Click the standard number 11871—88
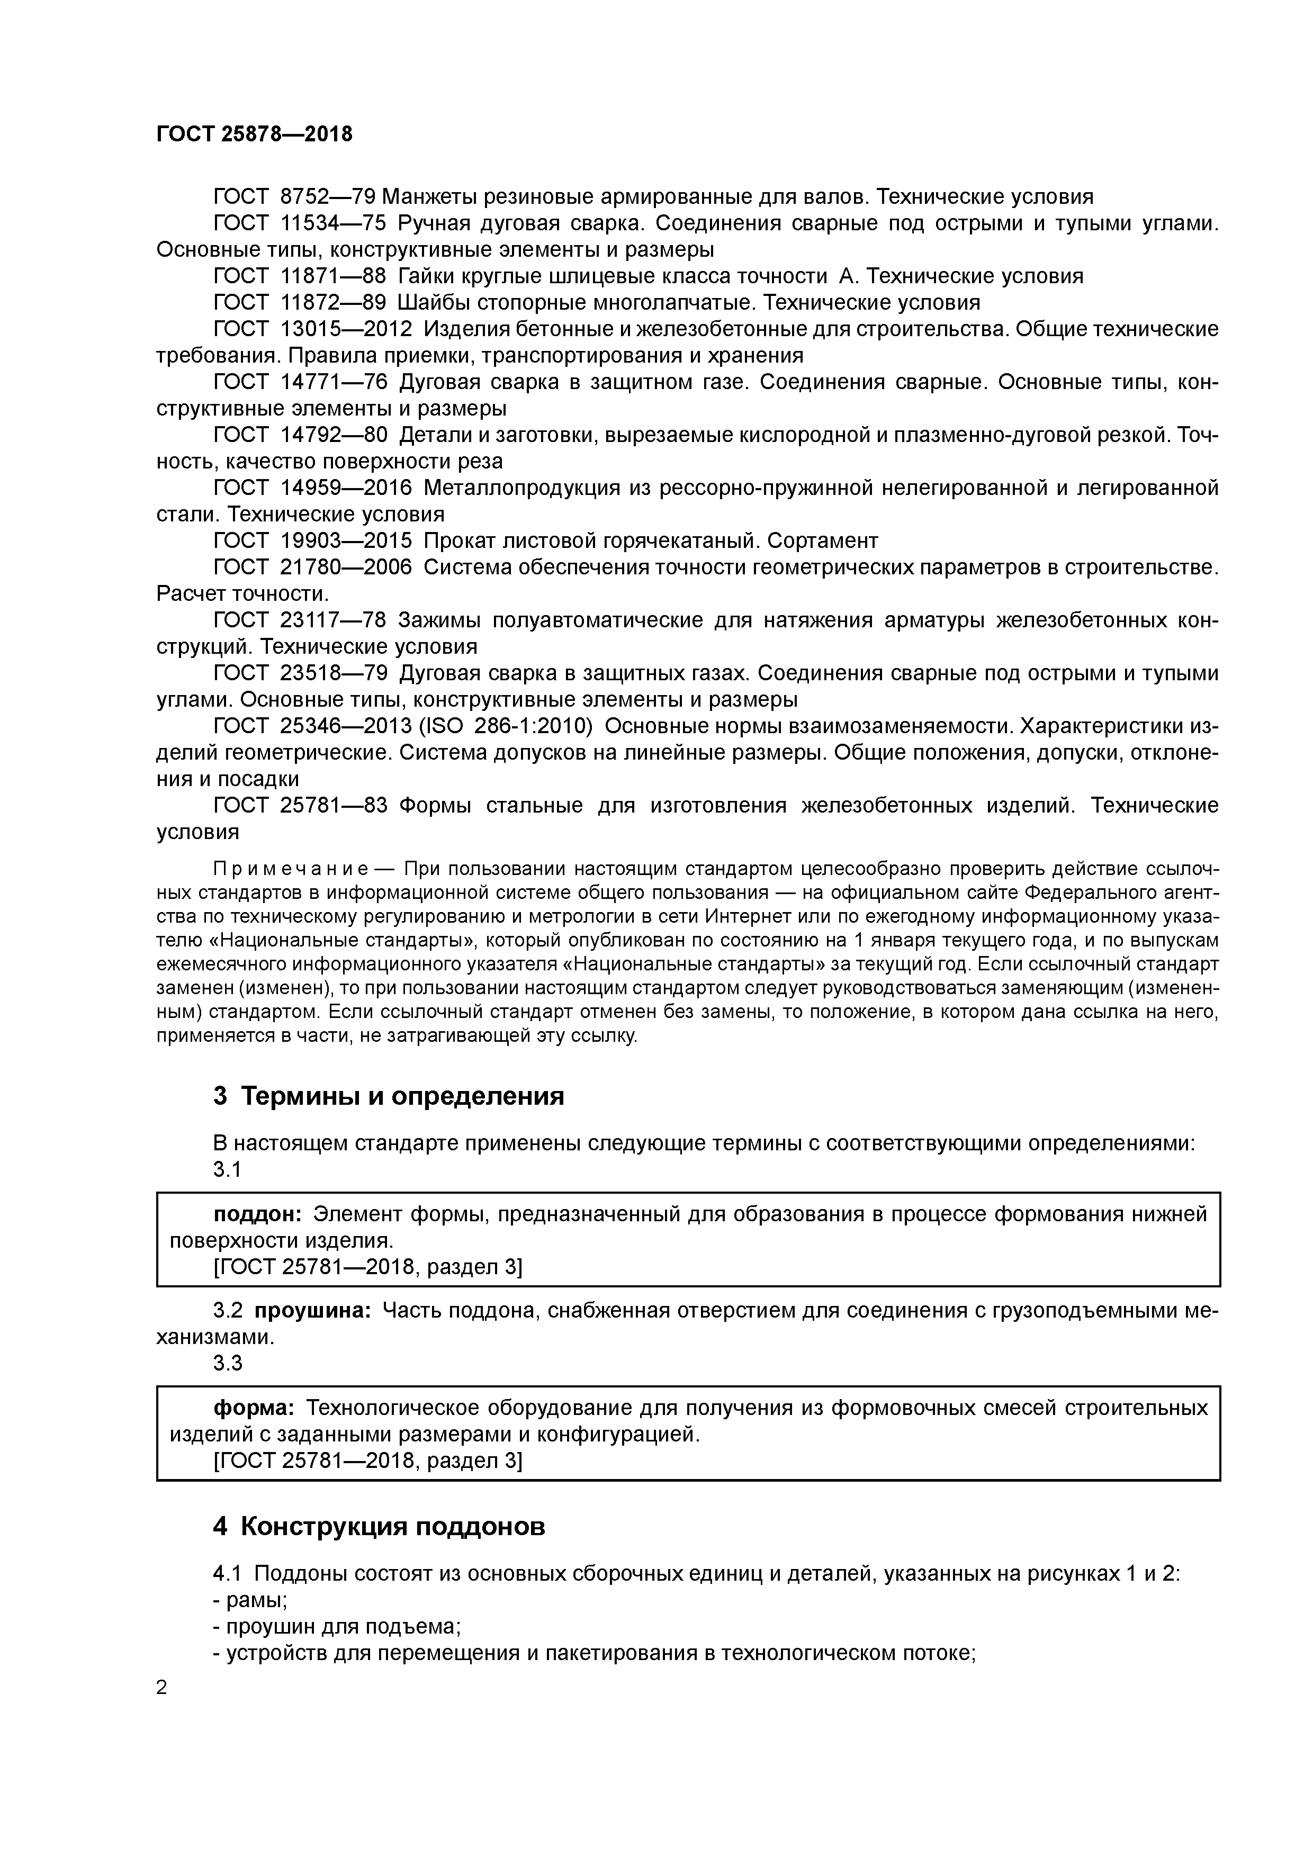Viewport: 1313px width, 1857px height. pos(334,277)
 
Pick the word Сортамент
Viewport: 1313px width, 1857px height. pos(822,540)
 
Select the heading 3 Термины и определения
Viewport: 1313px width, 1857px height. pos(388,1096)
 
